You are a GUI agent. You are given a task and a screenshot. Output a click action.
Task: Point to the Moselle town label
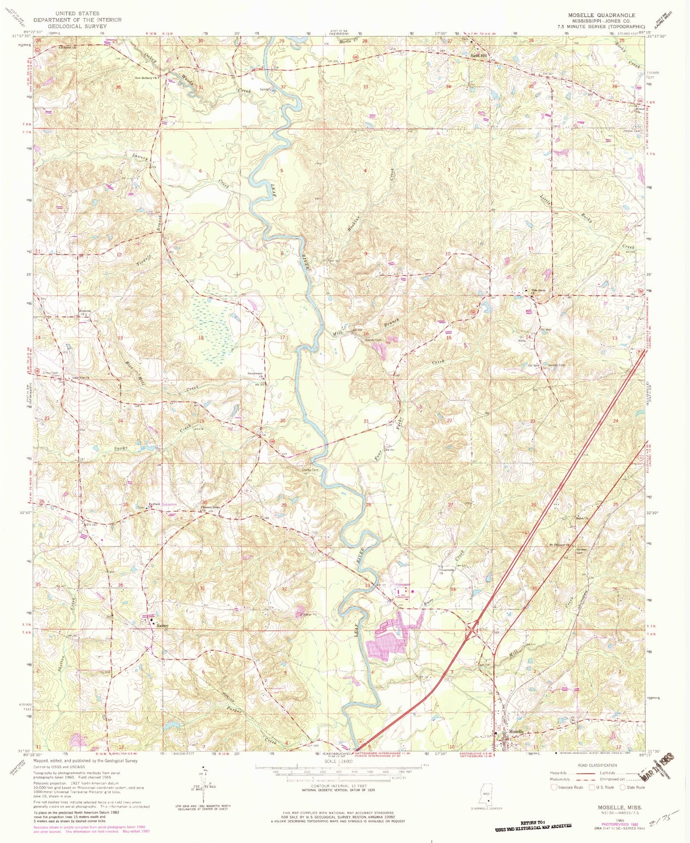516,732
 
